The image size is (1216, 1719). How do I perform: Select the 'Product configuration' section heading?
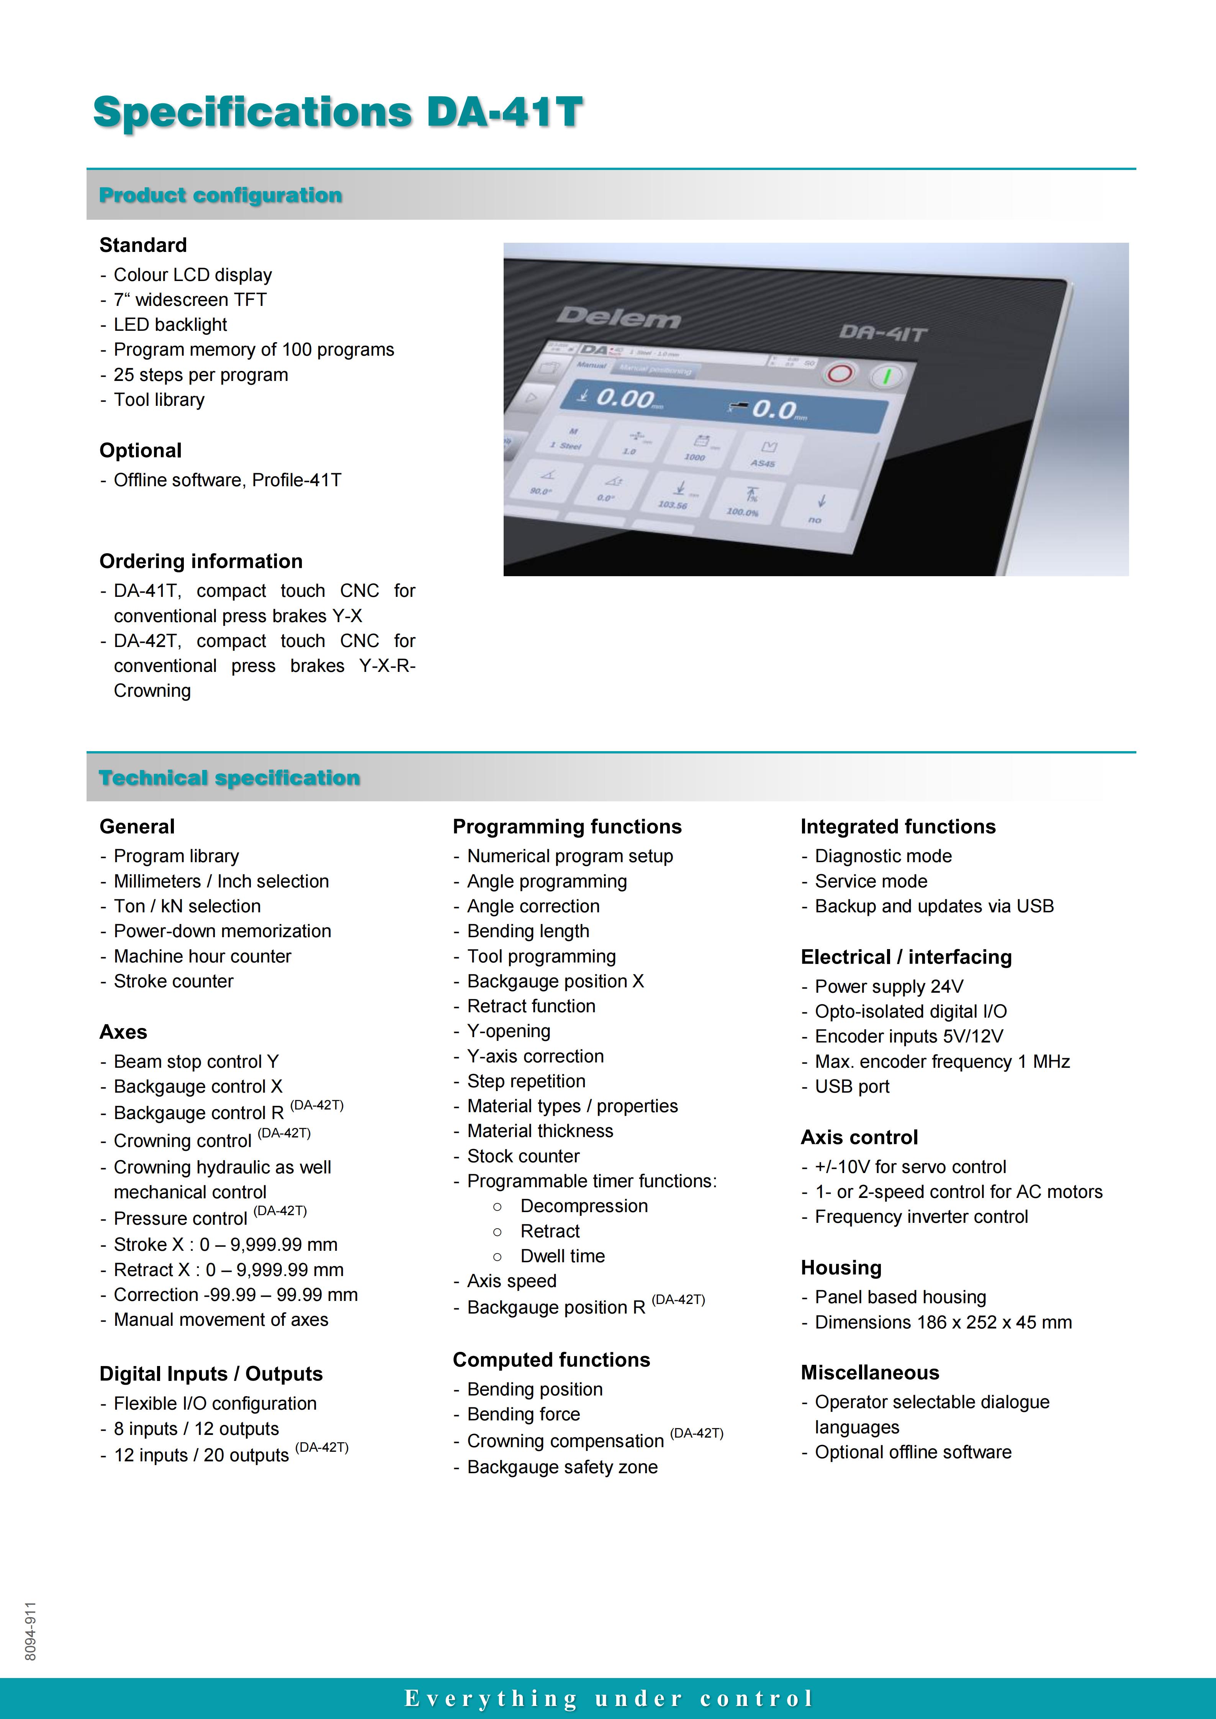pos(221,195)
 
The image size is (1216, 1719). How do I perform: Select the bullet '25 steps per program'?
pos(201,375)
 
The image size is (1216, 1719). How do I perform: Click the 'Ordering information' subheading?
pos(201,562)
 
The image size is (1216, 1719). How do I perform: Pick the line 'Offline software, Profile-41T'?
pos(227,480)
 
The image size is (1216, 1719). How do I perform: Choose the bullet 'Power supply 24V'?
pos(889,987)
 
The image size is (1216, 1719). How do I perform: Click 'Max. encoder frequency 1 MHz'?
pos(942,1062)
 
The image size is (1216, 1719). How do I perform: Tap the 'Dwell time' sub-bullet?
pos(562,1256)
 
